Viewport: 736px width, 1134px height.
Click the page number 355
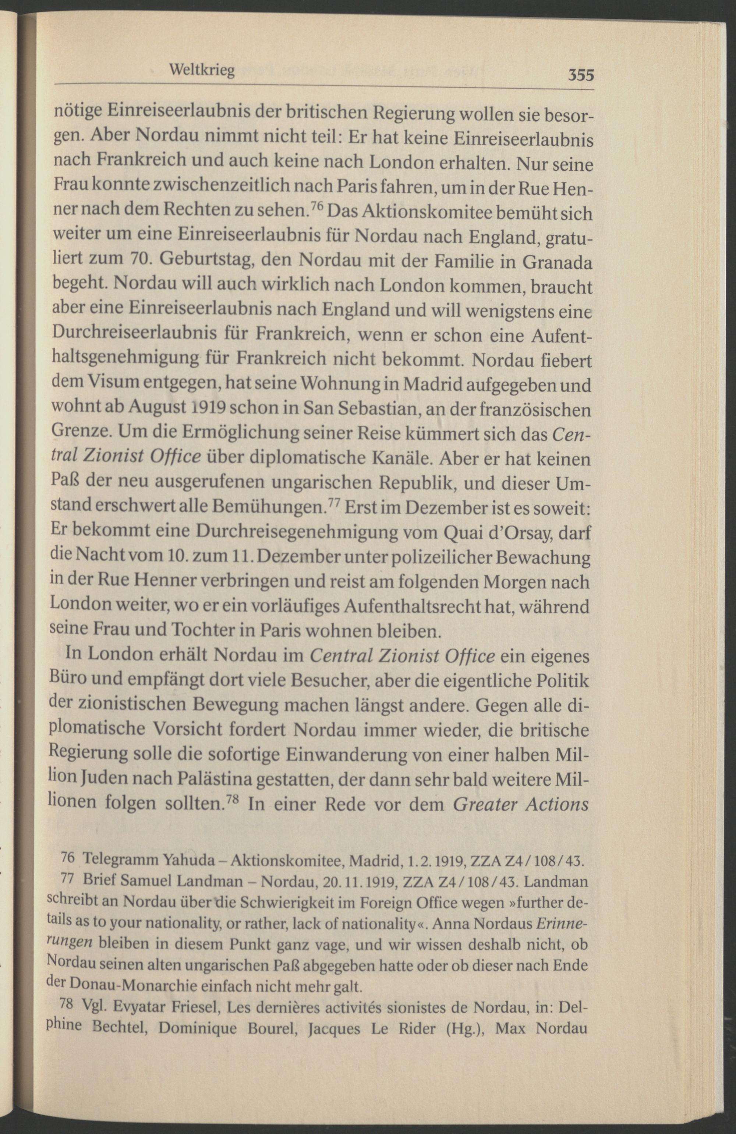point(580,75)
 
